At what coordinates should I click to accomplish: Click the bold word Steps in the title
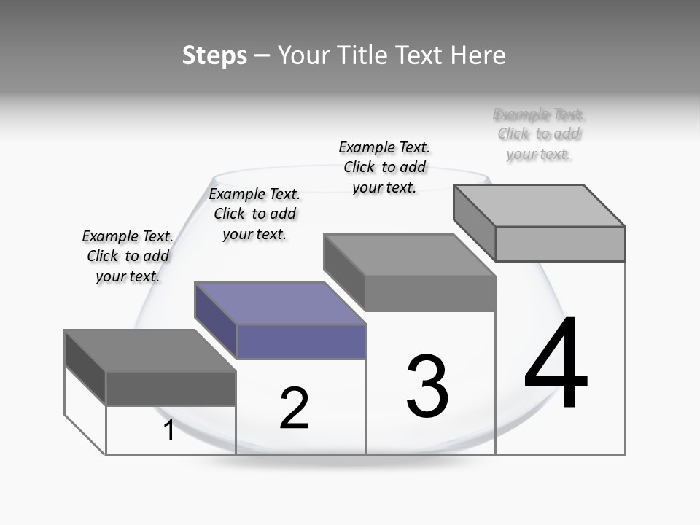(214, 55)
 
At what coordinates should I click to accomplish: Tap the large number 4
(556, 364)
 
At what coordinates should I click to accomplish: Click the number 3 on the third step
(427, 386)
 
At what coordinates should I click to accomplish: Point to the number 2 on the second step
(295, 408)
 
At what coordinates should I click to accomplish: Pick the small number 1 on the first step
(169, 431)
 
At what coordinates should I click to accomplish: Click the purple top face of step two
(281, 303)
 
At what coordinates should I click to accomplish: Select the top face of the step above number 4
(540, 205)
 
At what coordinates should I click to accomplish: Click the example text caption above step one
(128, 256)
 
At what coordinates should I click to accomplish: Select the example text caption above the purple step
(254, 214)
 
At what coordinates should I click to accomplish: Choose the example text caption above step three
(384, 167)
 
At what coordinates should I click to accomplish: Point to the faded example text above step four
(539, 134)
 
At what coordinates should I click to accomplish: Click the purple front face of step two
(302, 342)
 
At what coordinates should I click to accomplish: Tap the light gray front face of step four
(560, 244)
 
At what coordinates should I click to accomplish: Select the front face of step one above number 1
(171, 389)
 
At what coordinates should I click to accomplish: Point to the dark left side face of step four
(474, 222)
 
